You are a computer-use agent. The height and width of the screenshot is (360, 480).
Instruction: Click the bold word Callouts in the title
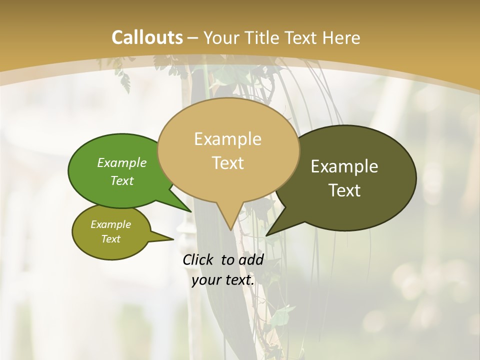(x=147, y=37)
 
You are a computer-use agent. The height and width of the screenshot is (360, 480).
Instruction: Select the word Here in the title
(x=342, y=37)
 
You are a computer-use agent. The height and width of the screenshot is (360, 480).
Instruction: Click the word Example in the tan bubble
(x=227, y=139)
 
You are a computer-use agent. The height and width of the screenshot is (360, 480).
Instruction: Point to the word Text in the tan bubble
(x=227, y=163)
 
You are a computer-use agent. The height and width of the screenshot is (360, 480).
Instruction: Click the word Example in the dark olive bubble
(x=344, y=166)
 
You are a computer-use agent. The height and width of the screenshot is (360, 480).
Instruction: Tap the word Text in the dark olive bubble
(x=344, y=190)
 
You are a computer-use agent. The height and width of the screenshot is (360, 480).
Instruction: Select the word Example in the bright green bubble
(x=122, y=163)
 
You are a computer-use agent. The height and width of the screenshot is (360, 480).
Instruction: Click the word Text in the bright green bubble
(x=122, y=181)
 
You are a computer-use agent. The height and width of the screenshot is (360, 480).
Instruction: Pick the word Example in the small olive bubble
(x=110, y=224)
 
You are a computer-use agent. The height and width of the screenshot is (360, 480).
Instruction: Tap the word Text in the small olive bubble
(x=110, y=239)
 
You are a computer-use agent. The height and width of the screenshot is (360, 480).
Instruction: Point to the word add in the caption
(x=251, y=259)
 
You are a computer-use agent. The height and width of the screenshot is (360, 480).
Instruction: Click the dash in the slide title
(x=193, y=37)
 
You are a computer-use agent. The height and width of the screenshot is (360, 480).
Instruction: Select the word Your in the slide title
(x=221, y=37)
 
